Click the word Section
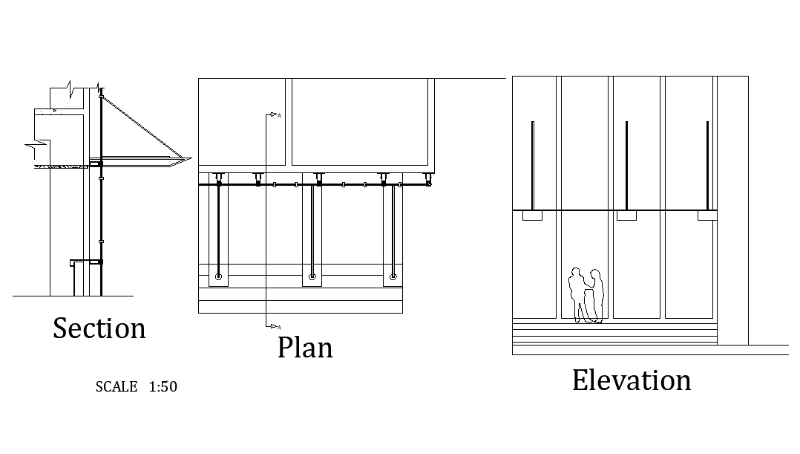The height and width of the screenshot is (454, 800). (99, 328)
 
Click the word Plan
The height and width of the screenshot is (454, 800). (305, 347)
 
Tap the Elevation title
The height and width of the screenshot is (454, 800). (632, 380)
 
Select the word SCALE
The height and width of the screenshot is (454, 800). (117, 386)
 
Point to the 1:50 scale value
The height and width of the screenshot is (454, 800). (163, 386)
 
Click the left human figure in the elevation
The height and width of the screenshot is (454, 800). (577, 295)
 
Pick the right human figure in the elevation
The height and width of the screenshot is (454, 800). (594, 296)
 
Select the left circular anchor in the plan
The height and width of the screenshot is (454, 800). (218, 277)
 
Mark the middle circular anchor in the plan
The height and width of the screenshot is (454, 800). (312, 277)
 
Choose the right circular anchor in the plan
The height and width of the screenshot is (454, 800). (393, 277)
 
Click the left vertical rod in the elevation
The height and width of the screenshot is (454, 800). (532, 166)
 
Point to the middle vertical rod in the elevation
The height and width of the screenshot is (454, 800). (626, 166)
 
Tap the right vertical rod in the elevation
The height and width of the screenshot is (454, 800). (707, 166)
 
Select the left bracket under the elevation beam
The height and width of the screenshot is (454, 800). (532, 215)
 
